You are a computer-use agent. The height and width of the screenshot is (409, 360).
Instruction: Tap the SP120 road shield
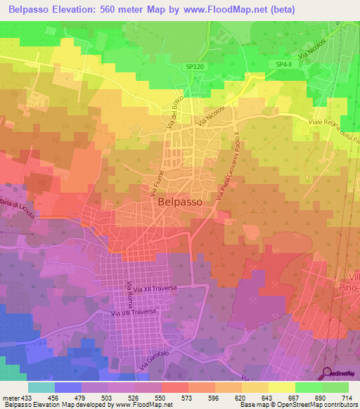click(197, 65)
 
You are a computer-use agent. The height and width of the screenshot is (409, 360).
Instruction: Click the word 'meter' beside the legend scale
click(10, 397)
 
